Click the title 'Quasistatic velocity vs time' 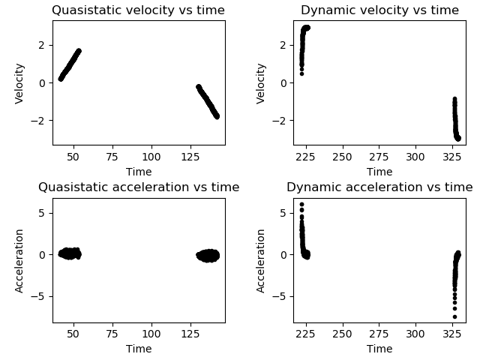tap(139, 10)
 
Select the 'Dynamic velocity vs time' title tap(379, 10)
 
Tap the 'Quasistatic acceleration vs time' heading tap(139, 187)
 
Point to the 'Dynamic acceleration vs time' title tap(379, 187)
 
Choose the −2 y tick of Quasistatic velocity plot tap(42, 121)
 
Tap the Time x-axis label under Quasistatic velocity tap(139, 172)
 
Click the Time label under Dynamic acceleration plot tap(379, 349)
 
